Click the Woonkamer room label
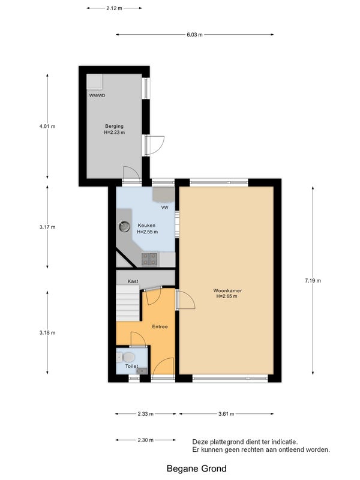pos(227,290)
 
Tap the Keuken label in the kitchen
pos(146,226)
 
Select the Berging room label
pos(114,126)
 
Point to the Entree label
pos(160,326)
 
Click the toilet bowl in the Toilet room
pos(127,357)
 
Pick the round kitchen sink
pos(124,226)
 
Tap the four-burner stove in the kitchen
pos(149,259)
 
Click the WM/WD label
pos(97,95)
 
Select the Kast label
pos(133,281)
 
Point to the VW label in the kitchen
pos(164,208)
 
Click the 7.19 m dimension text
pos(313,280)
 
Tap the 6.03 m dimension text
pos(194,35)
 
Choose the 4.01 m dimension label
pos(47,126)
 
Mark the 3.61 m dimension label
pos(226,414)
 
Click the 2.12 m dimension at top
pos(114,8)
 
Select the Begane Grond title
pos(197,469)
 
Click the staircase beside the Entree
pos(128,303)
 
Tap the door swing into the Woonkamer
pos(185,300)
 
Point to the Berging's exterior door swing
pos(155,145)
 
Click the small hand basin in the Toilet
pos(142,371)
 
